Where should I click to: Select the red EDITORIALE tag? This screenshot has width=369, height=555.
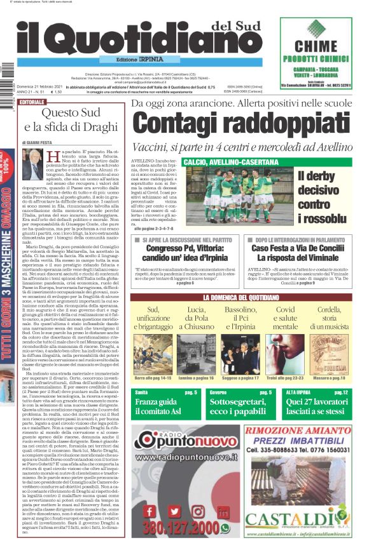32,102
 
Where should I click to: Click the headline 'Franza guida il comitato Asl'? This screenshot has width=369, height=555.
162,407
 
